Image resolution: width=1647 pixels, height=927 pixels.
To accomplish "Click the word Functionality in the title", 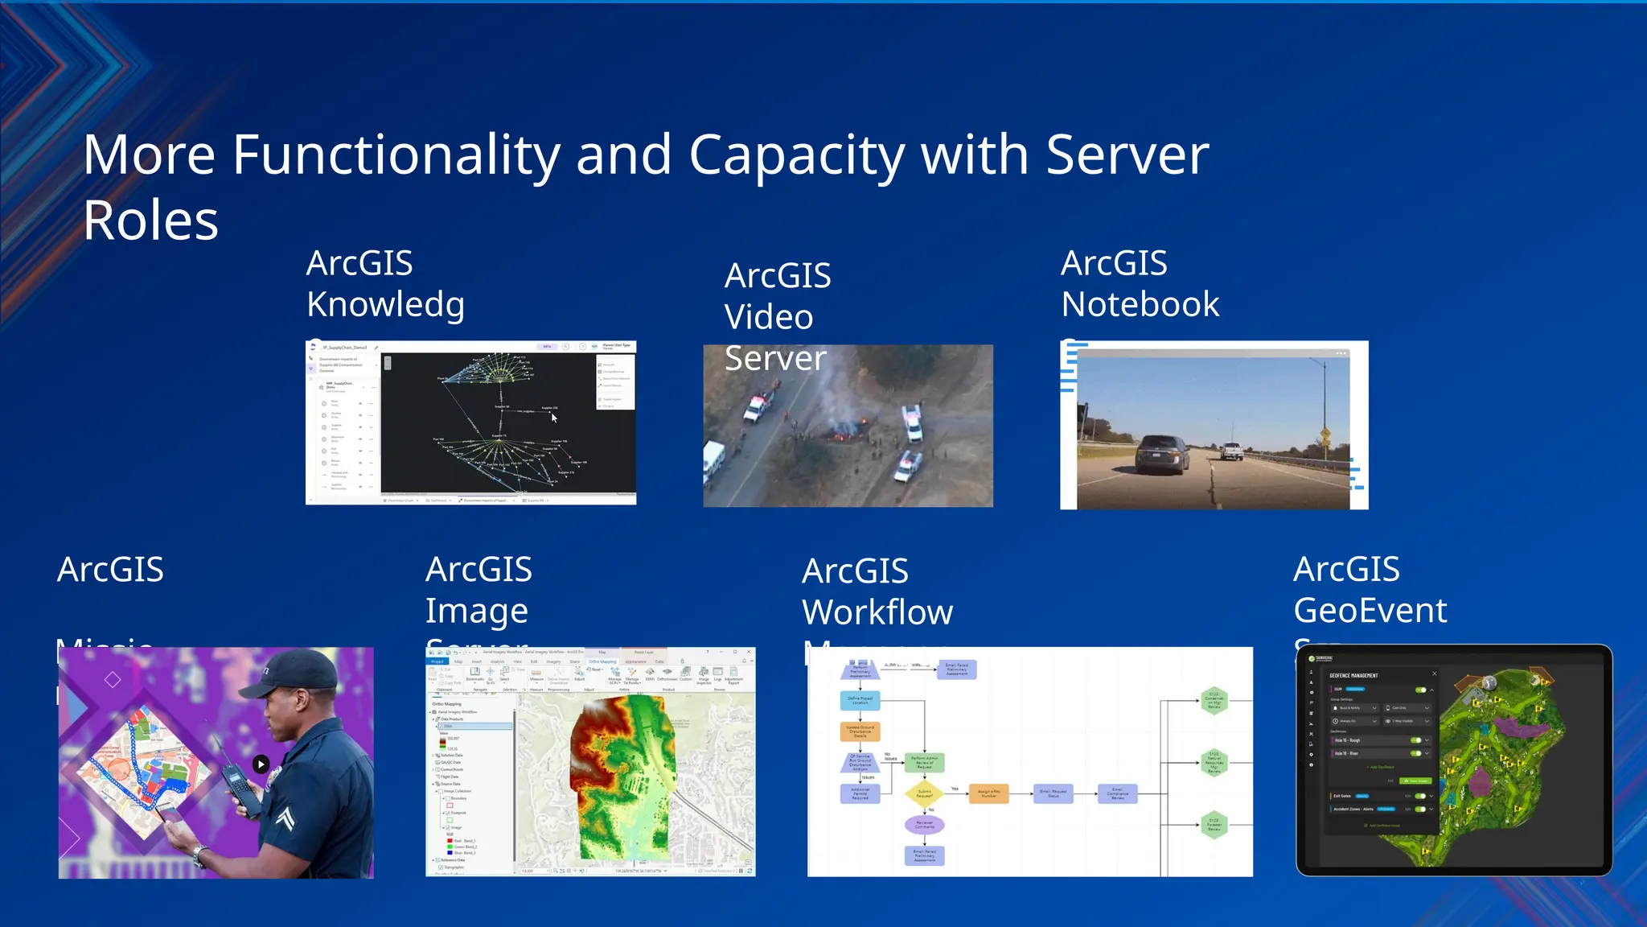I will point(396,154).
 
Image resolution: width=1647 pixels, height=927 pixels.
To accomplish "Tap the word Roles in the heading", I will point(150,220).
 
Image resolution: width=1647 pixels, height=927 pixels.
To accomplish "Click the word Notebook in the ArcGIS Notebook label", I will point(1140,305).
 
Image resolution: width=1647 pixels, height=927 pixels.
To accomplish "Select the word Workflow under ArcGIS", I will point(877,612).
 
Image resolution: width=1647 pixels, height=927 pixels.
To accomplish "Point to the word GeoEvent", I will point(1370,611).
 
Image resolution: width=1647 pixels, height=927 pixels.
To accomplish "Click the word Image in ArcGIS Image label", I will point(476,612).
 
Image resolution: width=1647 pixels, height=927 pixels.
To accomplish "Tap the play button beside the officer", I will point(261,764).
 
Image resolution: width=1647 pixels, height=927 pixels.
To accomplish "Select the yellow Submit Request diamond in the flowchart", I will point(925,793).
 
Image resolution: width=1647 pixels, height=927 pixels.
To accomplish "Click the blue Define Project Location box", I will point(860,701).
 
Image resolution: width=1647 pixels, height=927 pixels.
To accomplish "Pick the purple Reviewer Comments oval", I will point(924,824).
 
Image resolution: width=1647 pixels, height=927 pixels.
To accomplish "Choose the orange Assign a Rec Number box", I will point(988,793).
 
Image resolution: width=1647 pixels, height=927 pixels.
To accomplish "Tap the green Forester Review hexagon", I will point(1214,825).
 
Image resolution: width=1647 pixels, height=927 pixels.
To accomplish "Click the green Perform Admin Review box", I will point(924,762).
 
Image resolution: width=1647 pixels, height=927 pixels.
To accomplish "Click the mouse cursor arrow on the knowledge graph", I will point(554,418).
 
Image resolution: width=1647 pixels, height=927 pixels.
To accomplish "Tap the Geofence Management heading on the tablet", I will point(1353,676).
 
